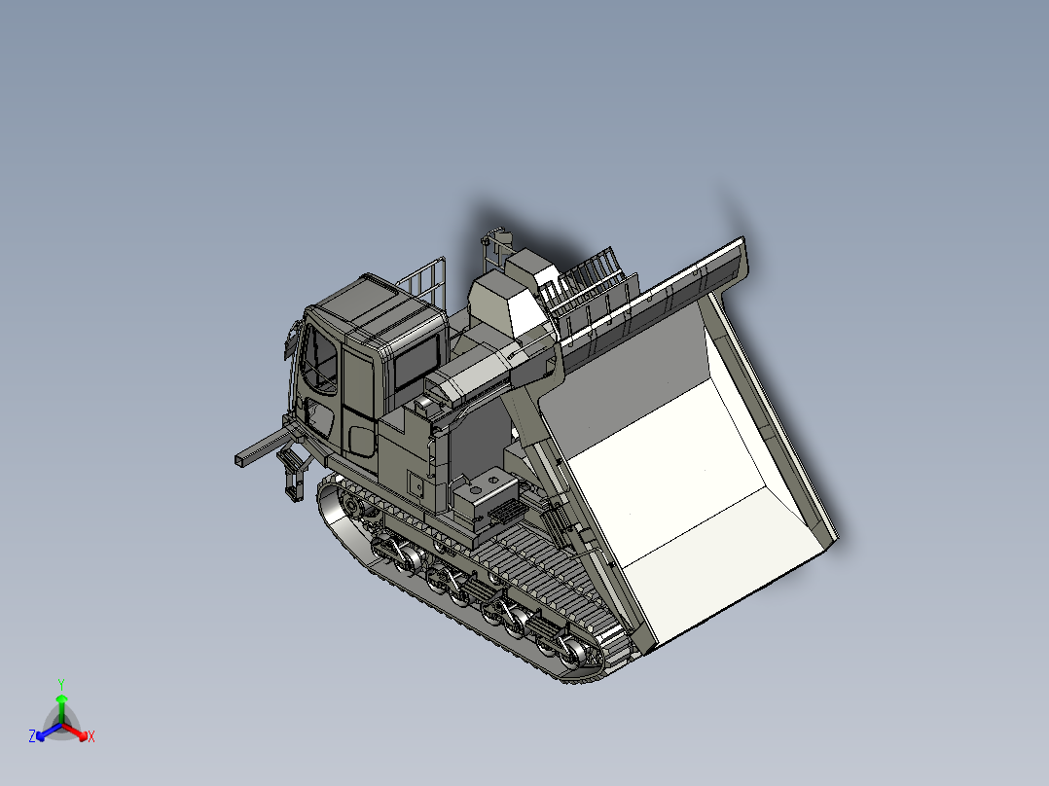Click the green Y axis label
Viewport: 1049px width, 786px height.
60,684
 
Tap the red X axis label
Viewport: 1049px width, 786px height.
91,737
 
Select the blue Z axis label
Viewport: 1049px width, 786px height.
32,736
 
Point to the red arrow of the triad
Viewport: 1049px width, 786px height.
78,732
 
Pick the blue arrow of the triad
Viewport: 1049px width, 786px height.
45,732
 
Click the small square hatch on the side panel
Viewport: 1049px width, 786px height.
416,483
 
